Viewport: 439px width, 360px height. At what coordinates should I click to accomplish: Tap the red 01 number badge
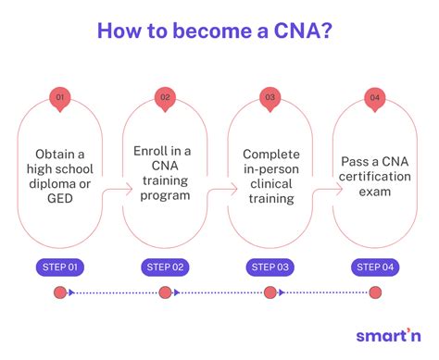(x=60, y=97)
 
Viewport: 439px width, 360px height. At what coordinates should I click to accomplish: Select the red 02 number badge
(x=166, y=97)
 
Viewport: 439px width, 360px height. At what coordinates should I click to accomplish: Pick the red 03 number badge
(x=270, y=97)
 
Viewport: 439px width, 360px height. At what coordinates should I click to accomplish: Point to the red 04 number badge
(x=375, y=97)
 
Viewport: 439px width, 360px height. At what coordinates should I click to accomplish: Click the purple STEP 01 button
(x=60, y=268)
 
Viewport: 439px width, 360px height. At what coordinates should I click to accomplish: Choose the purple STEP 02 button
(x=166, y=268)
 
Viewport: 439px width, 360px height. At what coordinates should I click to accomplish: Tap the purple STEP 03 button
(x=270, y=268)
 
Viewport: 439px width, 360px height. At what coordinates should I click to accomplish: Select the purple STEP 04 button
(x=375, y=268)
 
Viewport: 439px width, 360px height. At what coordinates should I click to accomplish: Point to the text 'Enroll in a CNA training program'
(x=166, y=172)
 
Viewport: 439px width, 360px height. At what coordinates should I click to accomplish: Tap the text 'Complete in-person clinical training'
(x=270, y=172)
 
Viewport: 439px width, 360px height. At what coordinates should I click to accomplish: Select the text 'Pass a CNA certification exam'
(x=375, y=172)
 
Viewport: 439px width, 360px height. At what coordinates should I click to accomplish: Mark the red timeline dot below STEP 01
(x=60, y=293)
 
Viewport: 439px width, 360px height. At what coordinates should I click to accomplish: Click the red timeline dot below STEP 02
(x=166, y=293)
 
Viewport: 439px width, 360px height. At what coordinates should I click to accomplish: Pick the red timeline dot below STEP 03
(x=270, y=293)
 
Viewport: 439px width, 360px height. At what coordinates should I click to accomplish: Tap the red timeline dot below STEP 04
(x=375, y=293)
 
